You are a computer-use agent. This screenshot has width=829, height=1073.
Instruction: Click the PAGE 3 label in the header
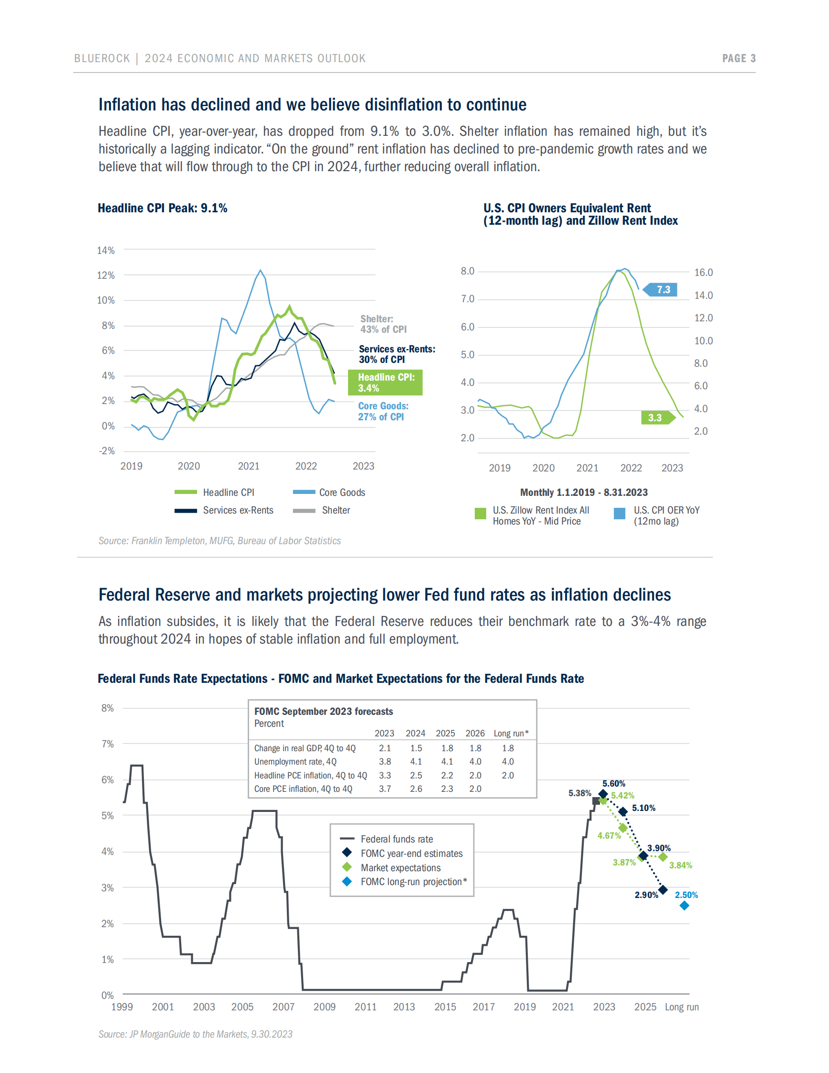(738, 58)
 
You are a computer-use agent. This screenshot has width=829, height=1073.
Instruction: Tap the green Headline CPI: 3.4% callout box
(385, 383)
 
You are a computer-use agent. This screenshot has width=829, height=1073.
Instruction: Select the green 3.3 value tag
(656, 417)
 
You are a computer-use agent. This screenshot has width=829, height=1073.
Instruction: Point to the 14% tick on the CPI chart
(106, 251)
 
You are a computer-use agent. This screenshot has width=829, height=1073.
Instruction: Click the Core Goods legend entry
(329, 493)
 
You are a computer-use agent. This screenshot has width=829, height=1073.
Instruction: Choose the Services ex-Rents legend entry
(224, 511)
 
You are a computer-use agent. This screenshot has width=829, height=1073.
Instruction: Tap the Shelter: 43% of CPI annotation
(383, 324)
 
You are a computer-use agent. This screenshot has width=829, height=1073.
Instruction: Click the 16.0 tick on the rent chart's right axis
(703, 273)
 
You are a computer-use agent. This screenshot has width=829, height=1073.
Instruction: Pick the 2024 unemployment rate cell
(416, 762)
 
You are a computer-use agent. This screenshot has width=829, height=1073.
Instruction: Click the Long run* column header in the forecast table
(511, 734)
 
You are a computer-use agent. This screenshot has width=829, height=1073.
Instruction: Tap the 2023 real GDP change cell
(384, 748)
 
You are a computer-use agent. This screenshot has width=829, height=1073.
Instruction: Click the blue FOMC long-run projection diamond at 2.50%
(684, 906)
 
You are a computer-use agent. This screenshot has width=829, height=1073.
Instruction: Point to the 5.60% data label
(613, 784)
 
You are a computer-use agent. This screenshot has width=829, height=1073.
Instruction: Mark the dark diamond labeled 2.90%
(663, 890)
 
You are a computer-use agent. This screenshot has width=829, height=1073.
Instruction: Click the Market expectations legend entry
(400, 868)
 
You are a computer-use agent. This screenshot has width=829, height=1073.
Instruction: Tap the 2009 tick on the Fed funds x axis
(324, 1007)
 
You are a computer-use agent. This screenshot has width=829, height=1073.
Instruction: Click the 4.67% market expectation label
(609, 836)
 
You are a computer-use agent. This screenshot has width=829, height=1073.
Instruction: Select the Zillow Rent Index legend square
(480, 514)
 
